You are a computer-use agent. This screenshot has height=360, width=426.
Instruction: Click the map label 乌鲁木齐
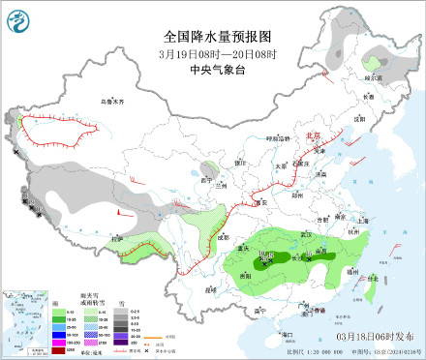click(x=114, y=101)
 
